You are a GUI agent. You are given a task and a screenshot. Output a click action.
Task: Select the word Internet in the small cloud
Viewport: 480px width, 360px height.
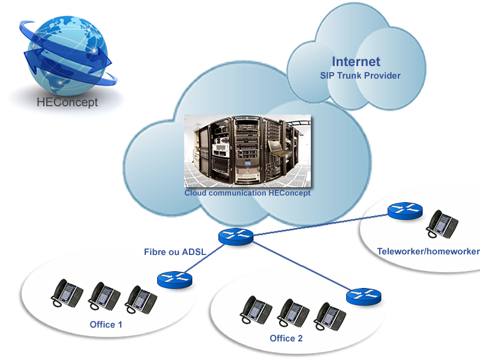coord(356,62)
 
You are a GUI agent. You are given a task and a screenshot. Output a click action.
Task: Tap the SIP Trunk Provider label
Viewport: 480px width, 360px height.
coord(360,76)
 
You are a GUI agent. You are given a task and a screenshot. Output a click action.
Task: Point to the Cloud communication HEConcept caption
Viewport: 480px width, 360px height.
coord(247,193)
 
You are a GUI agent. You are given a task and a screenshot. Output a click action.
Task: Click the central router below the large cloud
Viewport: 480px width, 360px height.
coord(236,236)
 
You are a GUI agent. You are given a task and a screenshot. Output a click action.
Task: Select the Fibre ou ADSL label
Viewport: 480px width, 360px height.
coord(175,251)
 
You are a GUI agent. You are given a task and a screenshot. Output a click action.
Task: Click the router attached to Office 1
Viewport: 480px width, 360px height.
coord(175,279)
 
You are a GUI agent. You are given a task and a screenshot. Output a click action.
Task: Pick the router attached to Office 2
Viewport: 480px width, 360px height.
coord(364,296)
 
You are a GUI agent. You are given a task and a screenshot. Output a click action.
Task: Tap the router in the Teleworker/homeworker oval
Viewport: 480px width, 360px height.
coord(405,211)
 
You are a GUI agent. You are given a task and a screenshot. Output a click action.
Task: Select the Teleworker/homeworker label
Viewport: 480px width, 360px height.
coord(428,251)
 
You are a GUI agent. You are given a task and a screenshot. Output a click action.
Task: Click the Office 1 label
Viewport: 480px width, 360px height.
coord(106,325)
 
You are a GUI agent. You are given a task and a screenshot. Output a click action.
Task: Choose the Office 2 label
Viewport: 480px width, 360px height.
coord(286,338)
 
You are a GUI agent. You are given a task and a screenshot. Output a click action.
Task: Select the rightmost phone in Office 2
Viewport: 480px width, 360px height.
coord(330,315)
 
